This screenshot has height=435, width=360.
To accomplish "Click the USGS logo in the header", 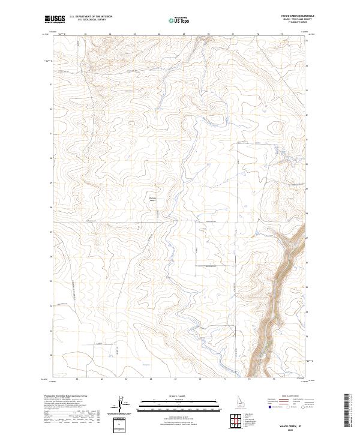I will pyautogui.click(x=55, y=19).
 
